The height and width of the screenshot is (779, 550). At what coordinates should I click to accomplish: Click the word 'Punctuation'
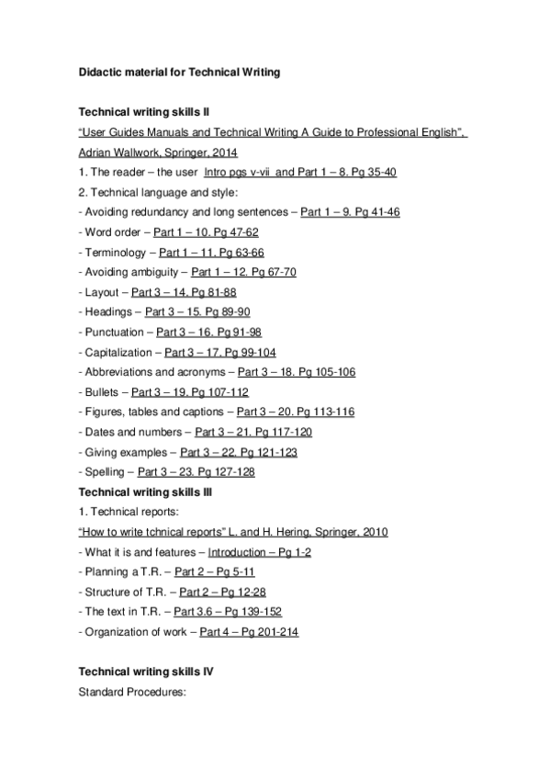(x=115, y=333)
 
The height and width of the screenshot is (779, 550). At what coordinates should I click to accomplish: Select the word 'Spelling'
(x=106, y=472)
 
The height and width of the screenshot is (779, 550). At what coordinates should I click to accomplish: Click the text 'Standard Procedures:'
(x=133, y=693)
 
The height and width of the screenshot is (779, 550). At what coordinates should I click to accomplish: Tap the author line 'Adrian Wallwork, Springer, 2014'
(x=158, y=152)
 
